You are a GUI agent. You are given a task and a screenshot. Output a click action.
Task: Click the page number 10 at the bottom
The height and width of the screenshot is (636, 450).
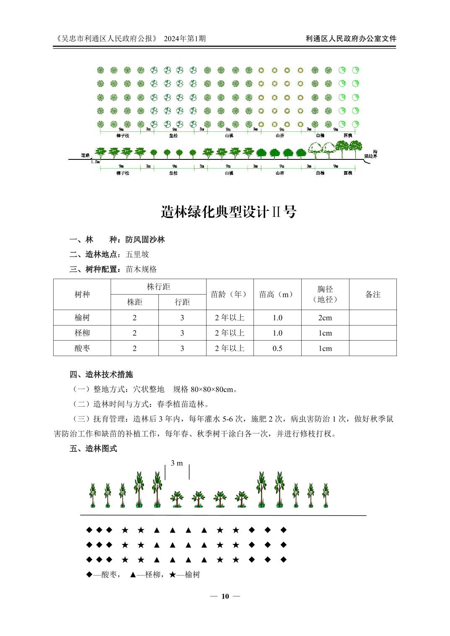(225, 596)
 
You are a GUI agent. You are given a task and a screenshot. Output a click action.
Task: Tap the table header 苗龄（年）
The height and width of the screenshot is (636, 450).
(230, 294)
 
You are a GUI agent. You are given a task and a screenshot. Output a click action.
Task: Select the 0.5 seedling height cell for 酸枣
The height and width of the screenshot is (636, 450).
(277, 348)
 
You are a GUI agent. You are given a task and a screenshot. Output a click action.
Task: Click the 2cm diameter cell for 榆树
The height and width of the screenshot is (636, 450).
(325, 318)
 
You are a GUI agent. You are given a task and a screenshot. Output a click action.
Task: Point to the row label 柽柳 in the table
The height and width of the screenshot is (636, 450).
(82, 333)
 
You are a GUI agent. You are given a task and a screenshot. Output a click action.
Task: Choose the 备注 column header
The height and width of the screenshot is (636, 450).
(372, 294)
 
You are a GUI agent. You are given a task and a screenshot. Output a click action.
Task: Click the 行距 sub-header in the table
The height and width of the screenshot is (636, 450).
(182, 302)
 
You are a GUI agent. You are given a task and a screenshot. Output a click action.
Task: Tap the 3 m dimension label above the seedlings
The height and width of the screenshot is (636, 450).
(177, 463)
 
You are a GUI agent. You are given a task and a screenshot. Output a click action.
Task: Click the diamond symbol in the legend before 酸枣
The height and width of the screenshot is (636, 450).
(89, 574)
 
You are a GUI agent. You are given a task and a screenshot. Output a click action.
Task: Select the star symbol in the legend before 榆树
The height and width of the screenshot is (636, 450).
(173, 574)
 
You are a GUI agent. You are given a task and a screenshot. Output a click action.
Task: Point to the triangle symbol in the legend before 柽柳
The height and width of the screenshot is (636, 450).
(133, 574)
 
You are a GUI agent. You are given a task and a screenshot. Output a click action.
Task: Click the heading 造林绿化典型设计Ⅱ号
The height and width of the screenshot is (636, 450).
(229, 212)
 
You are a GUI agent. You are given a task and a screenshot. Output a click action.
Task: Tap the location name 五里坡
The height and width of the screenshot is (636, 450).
(137, 254)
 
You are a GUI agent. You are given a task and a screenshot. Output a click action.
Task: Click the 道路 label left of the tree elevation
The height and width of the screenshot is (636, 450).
(85, 155)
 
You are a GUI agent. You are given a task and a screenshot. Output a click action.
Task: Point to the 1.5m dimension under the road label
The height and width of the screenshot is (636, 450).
(96, 162)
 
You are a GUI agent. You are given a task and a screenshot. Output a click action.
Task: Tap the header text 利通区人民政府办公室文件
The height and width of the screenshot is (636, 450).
(351, 38)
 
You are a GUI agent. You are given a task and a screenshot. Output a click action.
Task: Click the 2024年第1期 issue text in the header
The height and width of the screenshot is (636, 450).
(185, 38)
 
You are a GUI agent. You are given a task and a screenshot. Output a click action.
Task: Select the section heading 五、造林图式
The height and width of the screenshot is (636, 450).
(93, 449)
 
